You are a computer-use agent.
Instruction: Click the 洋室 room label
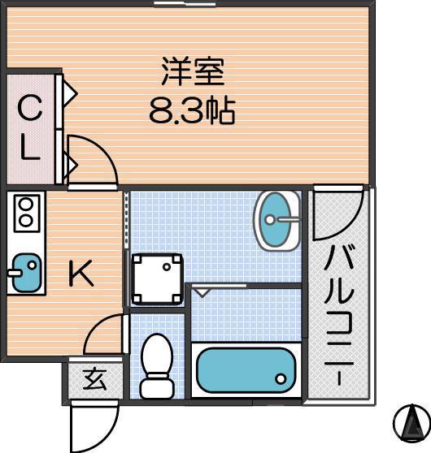pos(192,72)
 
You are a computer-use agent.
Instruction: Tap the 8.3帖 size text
pos(192,110)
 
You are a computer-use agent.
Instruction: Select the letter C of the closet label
pos(29,106)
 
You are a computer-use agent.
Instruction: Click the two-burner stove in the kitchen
pos(25,213)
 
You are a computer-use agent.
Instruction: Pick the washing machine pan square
pos(156,278)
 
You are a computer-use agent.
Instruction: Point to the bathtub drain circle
pos(281,378)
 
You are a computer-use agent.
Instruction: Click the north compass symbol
pos(411,421)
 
